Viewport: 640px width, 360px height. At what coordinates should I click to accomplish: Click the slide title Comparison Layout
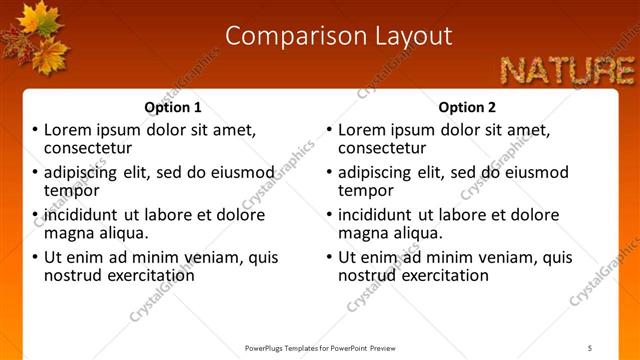pos(338,37)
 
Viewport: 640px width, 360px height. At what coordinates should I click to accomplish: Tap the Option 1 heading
pos(173,107)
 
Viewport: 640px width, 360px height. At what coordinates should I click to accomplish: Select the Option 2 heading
pos(467,107)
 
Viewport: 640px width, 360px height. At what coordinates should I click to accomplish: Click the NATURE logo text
pos(567,70)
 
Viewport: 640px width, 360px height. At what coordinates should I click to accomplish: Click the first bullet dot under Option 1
pos(36,130)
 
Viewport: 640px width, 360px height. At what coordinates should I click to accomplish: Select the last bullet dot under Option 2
pos(330,257)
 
